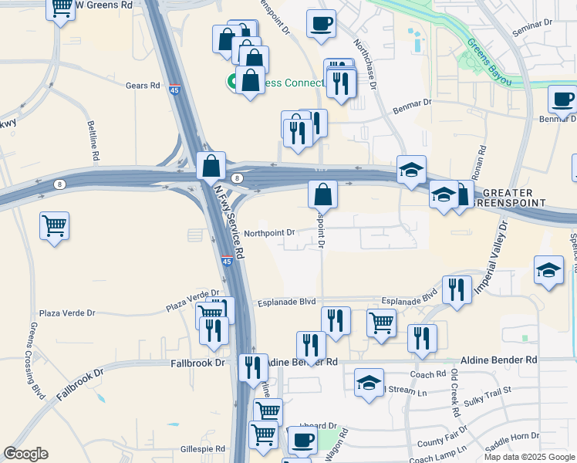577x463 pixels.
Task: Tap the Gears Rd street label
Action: pos(143,86)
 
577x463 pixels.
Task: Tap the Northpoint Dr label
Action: pos(269,232)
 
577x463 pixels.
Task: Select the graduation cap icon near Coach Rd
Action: pos(369,382)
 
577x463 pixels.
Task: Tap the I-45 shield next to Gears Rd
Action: pos(175,90)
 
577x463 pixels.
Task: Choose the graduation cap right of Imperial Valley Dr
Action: pos(548,270)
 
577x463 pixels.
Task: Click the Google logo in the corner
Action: pos(26,454)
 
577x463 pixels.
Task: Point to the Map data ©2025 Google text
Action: pos(529,457)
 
